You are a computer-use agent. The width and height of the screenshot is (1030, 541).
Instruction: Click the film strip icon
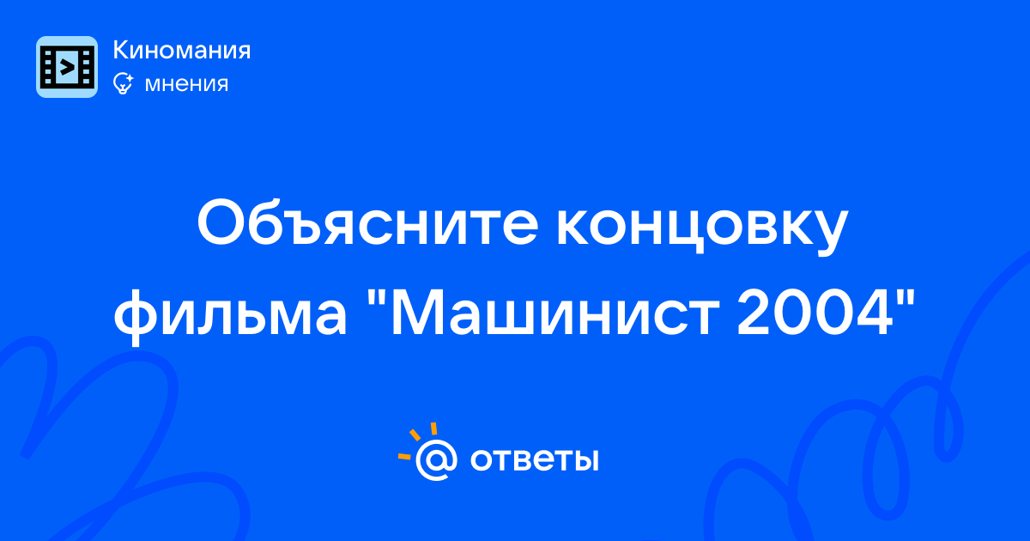(x=67, y=67)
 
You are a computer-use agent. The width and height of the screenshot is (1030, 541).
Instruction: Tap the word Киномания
(x=182, y=50)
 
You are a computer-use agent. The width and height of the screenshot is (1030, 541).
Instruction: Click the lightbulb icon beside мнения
(x=124, y=83)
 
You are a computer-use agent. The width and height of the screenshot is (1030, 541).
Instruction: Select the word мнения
(x=186, y=84)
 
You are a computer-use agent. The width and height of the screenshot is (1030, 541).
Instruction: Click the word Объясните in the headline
(x=367, y=223)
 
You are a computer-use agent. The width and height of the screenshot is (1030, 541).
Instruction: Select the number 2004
(x=815, y=313)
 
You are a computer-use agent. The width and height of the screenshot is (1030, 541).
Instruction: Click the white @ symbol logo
(x=436, y=459)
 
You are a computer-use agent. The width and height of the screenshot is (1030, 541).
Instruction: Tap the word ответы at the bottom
(x=534, y=459)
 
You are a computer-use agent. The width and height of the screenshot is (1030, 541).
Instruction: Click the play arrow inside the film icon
(x=67, y=67)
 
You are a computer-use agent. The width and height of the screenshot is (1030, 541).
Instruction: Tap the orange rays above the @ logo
(x=416, y=440)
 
